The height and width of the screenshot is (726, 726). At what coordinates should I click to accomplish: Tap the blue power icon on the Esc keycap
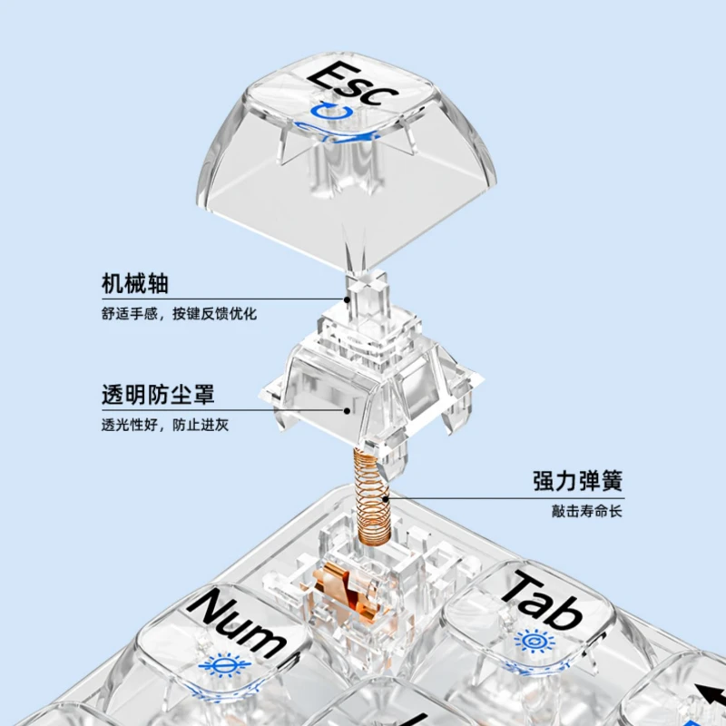[x=333, y=113]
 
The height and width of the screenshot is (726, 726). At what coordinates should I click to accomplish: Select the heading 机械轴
[x=135, y=283]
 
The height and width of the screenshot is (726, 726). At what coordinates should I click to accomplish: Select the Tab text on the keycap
[x=543, y=598]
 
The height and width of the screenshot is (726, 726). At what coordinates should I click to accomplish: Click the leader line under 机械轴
[x=227, y=299]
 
